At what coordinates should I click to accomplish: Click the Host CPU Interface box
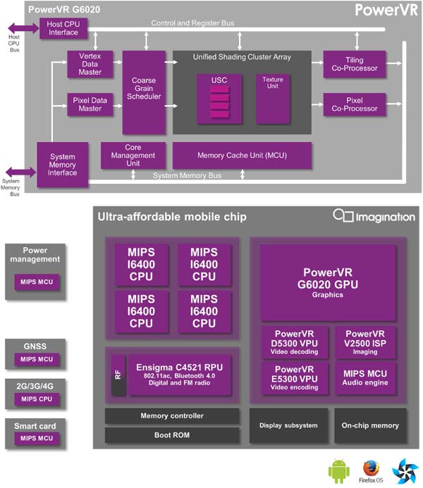(x=63, y=28)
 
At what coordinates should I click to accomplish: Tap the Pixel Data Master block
(x=90, y=104)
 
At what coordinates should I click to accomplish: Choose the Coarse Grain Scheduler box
(x=144, y=92)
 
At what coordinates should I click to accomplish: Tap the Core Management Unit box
(x=133, y=155)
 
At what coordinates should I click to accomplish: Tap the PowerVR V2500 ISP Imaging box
(x=364, y=342)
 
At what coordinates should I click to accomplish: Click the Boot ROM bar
(x=172, y=435)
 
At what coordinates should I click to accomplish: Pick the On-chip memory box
(x=369, y=425)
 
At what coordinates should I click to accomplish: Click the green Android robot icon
(x=338, y=468)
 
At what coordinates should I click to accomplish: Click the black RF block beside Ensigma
(x=118, y=373)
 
